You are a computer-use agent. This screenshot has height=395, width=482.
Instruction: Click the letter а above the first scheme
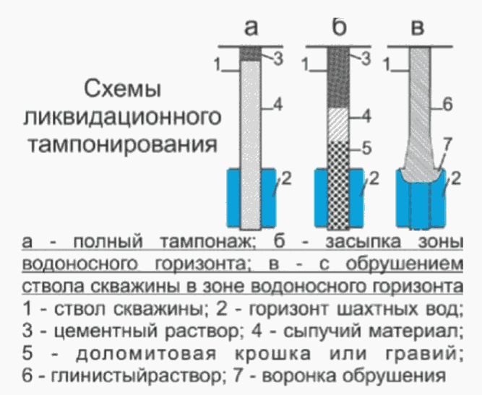tap(251, 27)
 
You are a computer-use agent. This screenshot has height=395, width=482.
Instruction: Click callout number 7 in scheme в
tap(447, 145)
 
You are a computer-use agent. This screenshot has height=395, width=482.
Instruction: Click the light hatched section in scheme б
tap(337, 125)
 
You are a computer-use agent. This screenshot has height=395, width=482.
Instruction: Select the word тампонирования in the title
tap(122, 143)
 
